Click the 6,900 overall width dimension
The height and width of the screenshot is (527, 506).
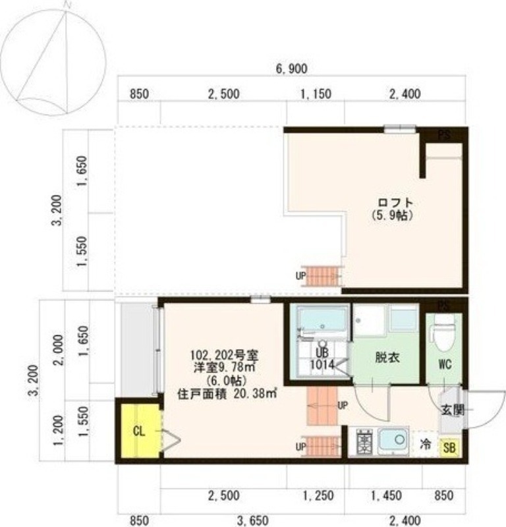pyautogui.click(x=291, y=69)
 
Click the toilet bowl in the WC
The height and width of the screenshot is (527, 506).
pyautogui.click(x=445, y=332)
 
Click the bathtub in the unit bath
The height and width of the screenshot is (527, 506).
pyautogui.click(x=322, y=320)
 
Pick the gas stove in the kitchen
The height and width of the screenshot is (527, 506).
pyautogui.click(x=364, y=441)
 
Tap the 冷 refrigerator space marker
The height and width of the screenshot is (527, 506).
pyautogui.click(x=426, y=445)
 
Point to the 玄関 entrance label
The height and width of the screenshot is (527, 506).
pyautogui.click(x=453, y=409)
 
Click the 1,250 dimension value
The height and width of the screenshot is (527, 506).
pyautogui.click(x=318, y=494)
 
